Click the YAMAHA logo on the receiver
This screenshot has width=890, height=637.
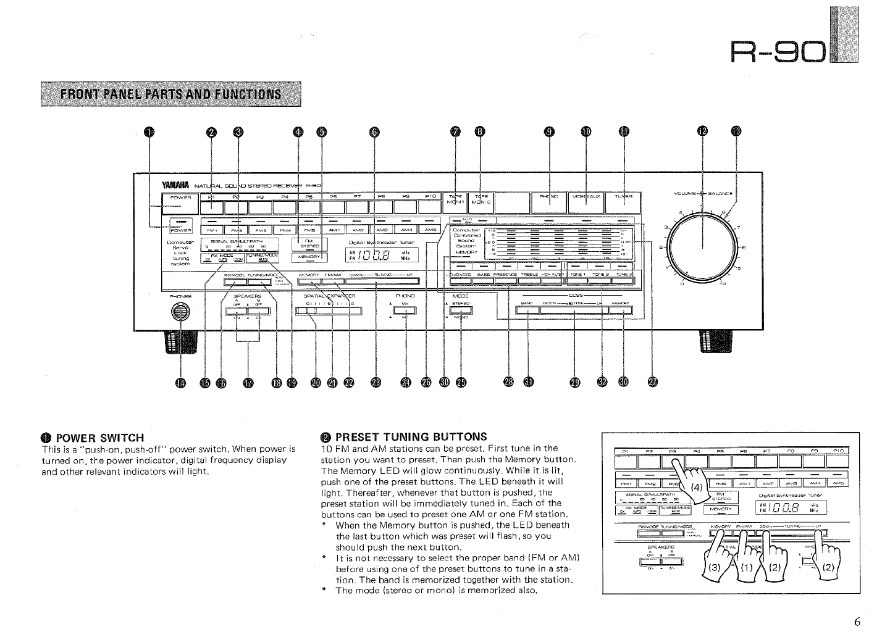[175, 185]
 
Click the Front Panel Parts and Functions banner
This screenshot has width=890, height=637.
[170, 94]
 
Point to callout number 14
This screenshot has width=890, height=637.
[180, 383]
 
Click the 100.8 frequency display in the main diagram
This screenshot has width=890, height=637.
[379, 256]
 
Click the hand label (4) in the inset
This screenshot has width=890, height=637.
[696, 487]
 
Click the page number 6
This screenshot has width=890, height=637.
[857, 622]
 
